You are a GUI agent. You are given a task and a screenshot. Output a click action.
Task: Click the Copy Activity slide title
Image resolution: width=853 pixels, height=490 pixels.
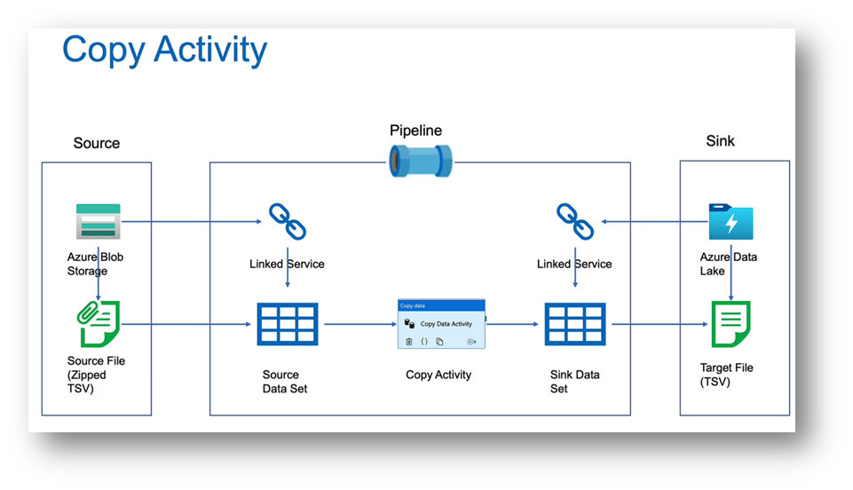click(x=164, y=50)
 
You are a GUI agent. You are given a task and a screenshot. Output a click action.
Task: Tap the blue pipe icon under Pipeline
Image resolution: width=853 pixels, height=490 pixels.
click(x=421, y=162)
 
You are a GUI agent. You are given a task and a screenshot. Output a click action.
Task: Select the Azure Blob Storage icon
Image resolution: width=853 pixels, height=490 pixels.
click(x=98, y=222)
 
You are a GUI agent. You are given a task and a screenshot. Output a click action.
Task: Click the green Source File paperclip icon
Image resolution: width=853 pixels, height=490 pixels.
click(x=99, y=324)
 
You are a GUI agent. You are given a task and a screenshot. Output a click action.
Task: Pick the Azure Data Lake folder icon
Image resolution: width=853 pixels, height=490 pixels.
click(x=731, y=223)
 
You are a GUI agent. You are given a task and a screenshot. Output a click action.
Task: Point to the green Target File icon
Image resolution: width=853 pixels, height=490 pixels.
click(x=731, y=324)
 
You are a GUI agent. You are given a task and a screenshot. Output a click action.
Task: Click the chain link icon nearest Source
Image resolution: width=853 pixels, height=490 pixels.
click(x=287, y=222)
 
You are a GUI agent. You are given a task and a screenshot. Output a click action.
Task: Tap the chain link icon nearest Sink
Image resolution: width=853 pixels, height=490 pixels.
click(x=574, y=222)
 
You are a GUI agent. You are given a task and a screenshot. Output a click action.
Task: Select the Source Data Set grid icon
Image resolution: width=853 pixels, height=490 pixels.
click(x=287, y=324)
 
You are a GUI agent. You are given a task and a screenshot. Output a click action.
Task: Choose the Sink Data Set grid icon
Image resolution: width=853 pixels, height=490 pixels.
click(x=574, y=324)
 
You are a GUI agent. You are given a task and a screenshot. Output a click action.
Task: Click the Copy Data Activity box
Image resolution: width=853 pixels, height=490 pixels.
click(x=441, y=323)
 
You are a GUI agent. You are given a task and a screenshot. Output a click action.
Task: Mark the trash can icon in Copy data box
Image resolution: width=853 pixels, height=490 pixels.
click(x=409, y=341)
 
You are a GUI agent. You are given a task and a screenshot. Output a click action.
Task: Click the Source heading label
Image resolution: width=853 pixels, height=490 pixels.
click(x=97, y=143)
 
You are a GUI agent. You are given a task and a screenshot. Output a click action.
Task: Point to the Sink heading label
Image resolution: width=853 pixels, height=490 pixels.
click(x=720, y=140)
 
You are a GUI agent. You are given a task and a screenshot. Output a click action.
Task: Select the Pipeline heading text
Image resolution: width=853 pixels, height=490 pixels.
click(x=415, y=130)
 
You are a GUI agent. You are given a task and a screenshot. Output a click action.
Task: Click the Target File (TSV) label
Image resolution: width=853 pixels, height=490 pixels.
click(x=727, y=375)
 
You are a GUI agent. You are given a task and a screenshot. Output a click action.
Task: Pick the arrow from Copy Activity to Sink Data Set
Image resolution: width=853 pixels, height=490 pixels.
click(x=514, y=324)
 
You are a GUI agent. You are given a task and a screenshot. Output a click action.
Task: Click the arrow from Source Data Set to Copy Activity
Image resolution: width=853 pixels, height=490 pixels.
click(x=357, y=324)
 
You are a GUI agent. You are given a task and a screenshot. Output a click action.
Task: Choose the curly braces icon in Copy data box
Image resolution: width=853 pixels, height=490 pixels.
click(x=424, y=341)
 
